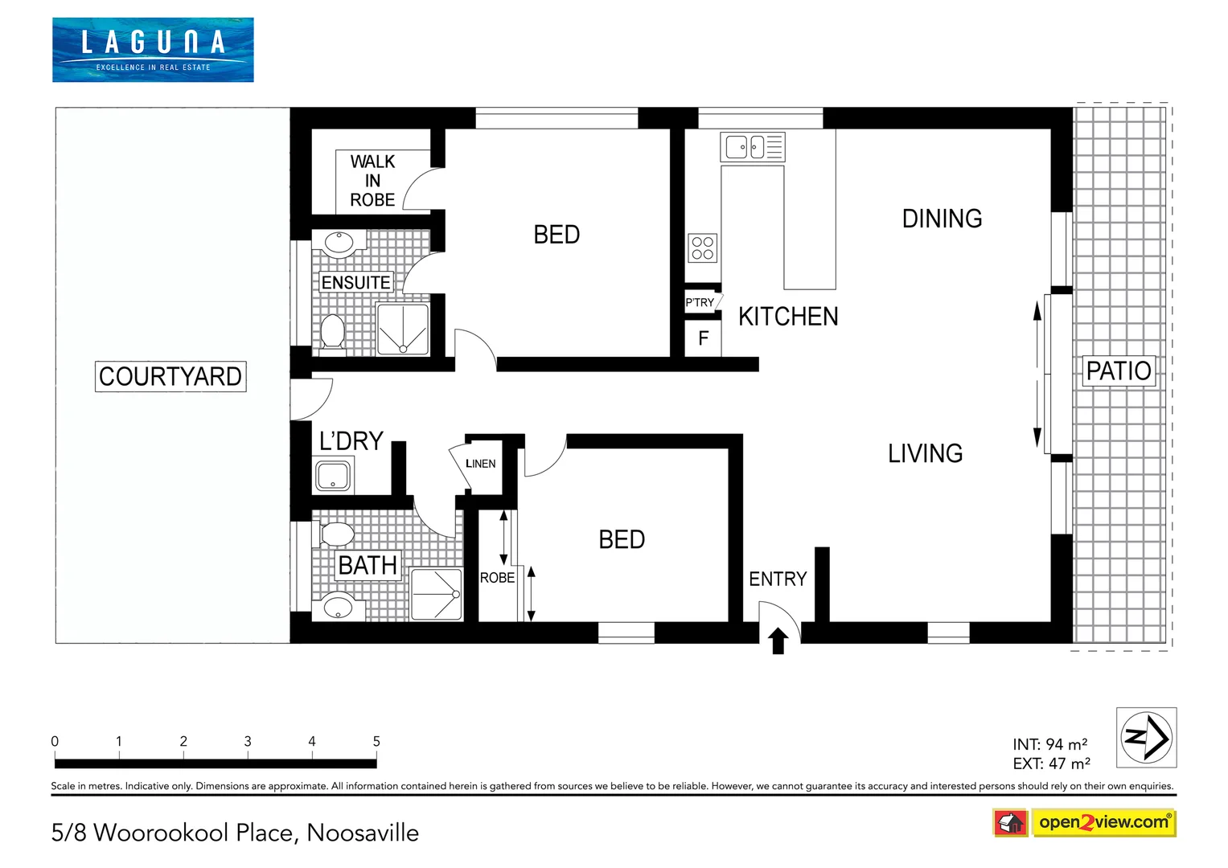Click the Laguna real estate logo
pos(153,50)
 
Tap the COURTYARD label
pos(170,376)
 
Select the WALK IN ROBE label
pos(372,181)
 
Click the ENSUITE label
pos(355,283)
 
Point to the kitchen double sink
pos(752,147)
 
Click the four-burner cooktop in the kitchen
pos(702,248)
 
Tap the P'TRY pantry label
pos(700,303)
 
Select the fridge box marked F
pos(703,338)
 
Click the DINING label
pos(942,219)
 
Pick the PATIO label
pos(1119,371)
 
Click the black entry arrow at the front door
pos(778,641)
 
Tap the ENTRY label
pos(778,579)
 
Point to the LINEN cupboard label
pos(480,464)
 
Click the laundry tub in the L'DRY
pos(333,475)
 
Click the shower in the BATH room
pos(437,595)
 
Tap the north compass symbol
pos(1146,737)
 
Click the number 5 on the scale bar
pos(376,741)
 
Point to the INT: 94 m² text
pos(1050,744)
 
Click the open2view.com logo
pos(1103,822)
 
